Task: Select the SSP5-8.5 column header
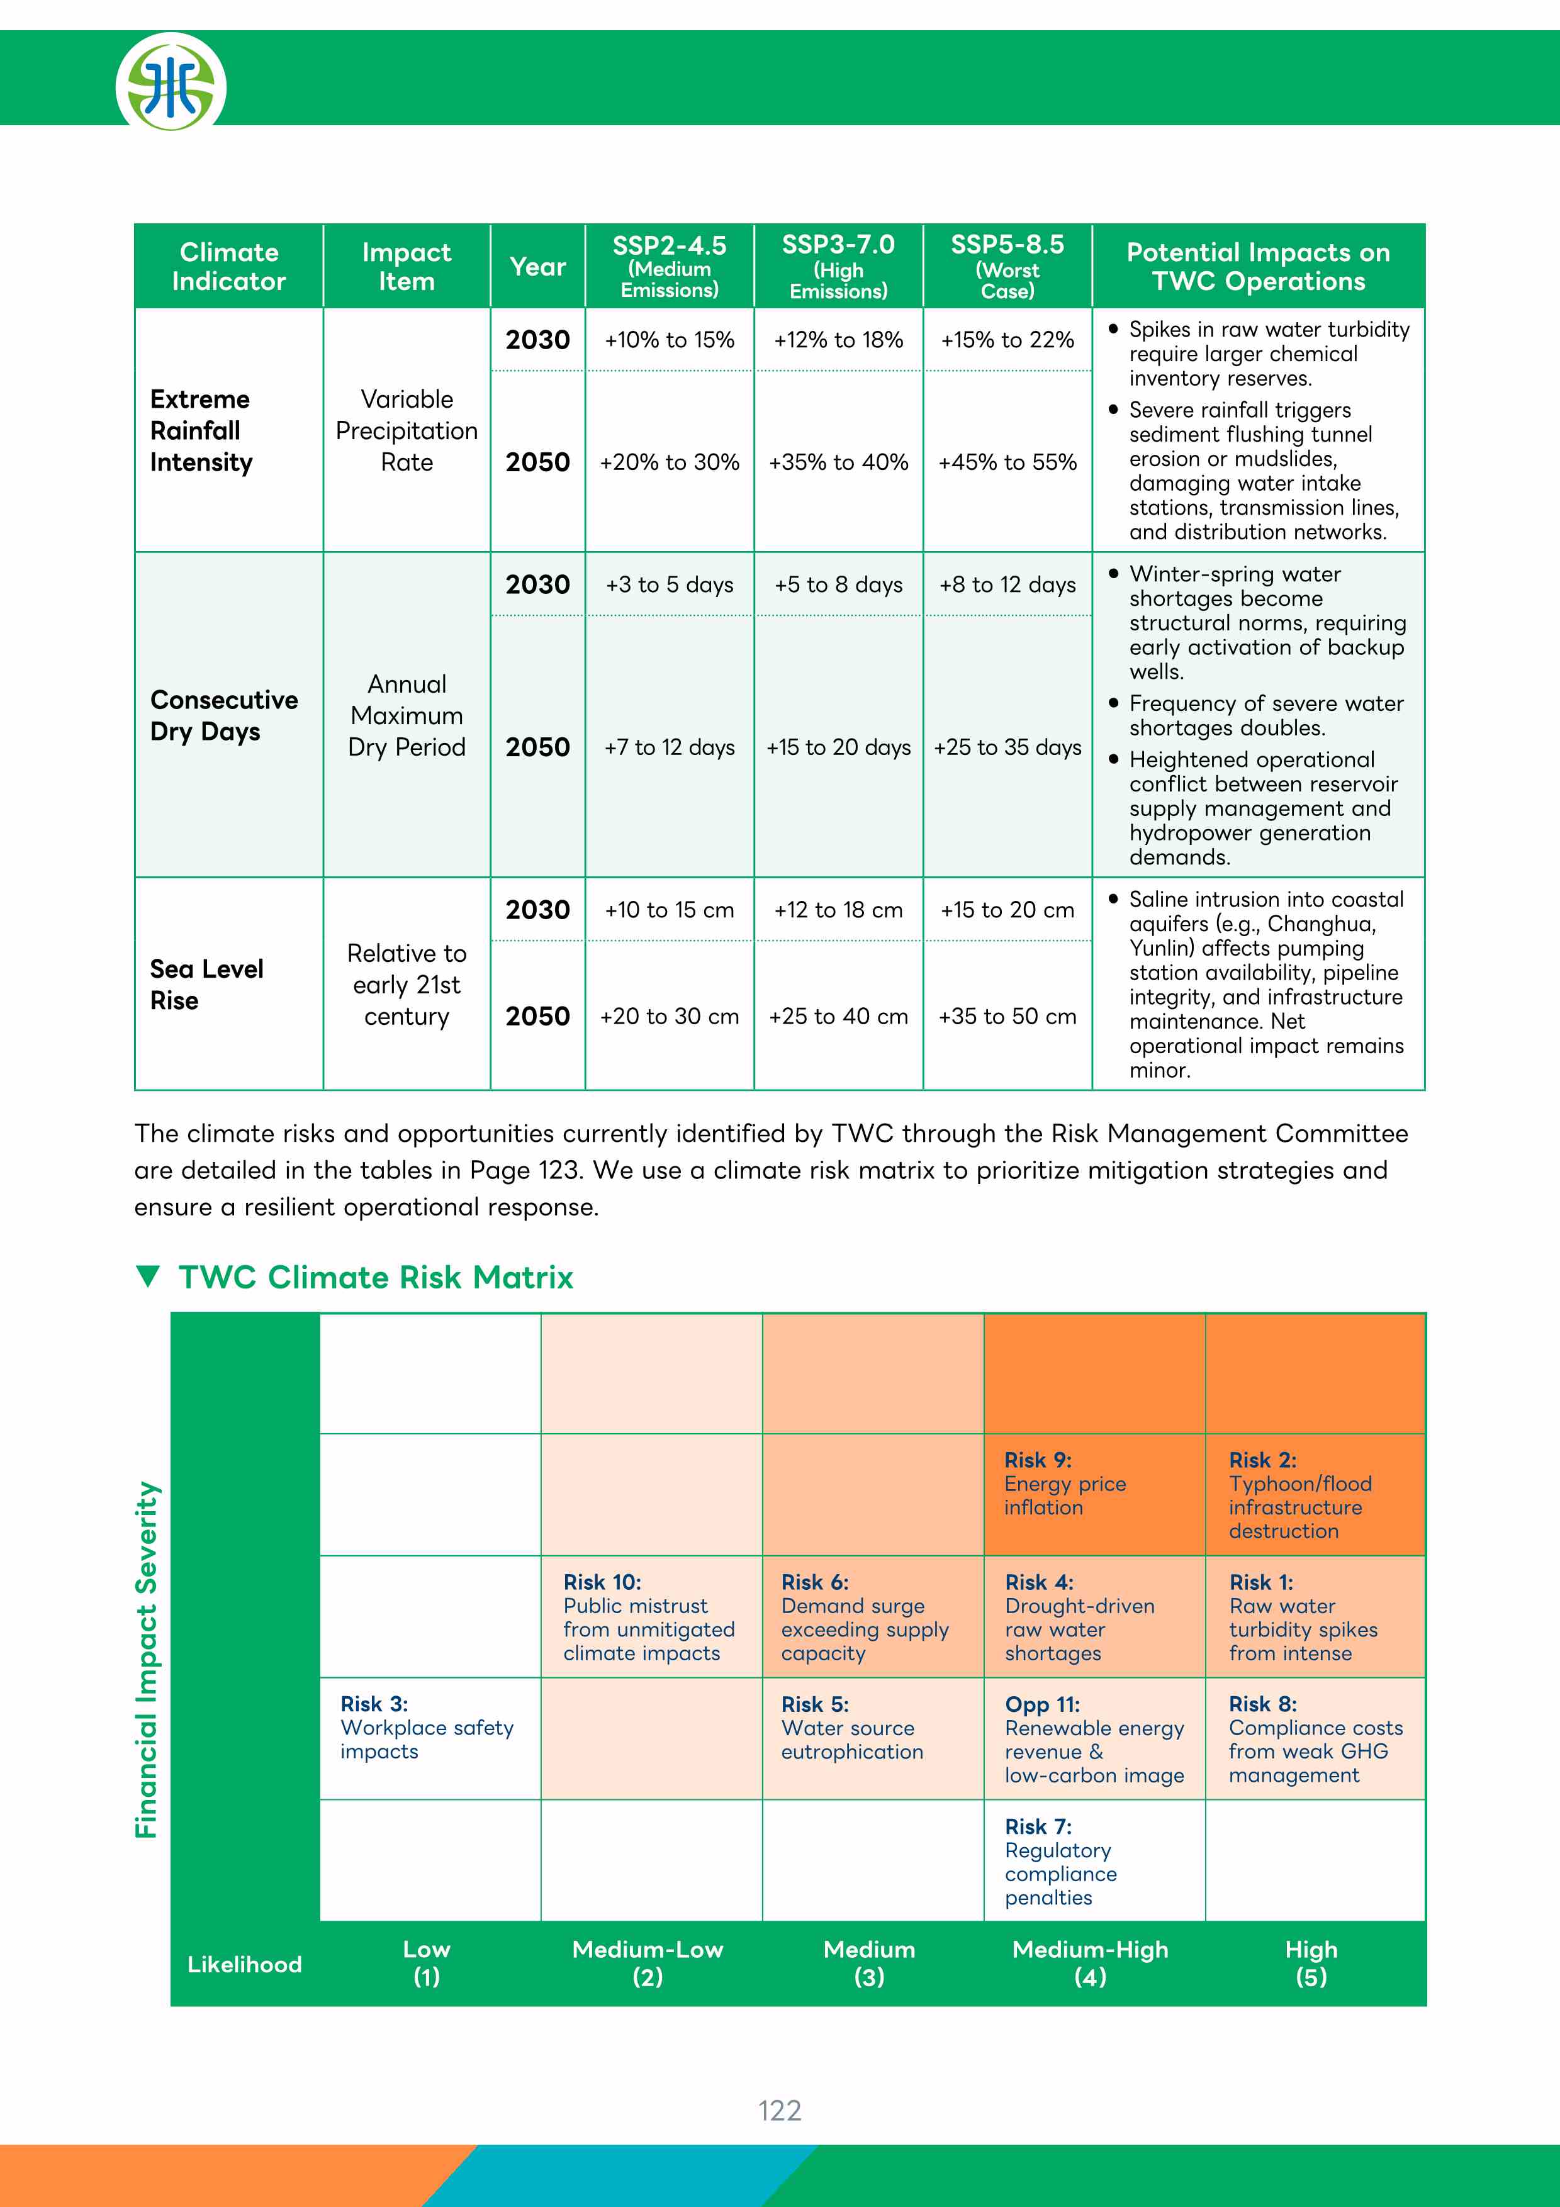tap(1007, 266)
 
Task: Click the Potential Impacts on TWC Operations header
tap(1258, 266)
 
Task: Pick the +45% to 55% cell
tap(1007, 462)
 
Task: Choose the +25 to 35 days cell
tap(1007, 747)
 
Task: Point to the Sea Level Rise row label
tap(206, 985)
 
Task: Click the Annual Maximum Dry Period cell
tap(407, 716)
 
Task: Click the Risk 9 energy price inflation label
tap(1065, 1483)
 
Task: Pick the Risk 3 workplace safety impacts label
tap(427, 1728)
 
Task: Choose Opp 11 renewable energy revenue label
tap(1094, 1739)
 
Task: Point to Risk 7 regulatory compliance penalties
tap(1060, 1861)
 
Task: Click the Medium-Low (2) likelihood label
tap(647, 1963)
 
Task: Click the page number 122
tap(780, 2110)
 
